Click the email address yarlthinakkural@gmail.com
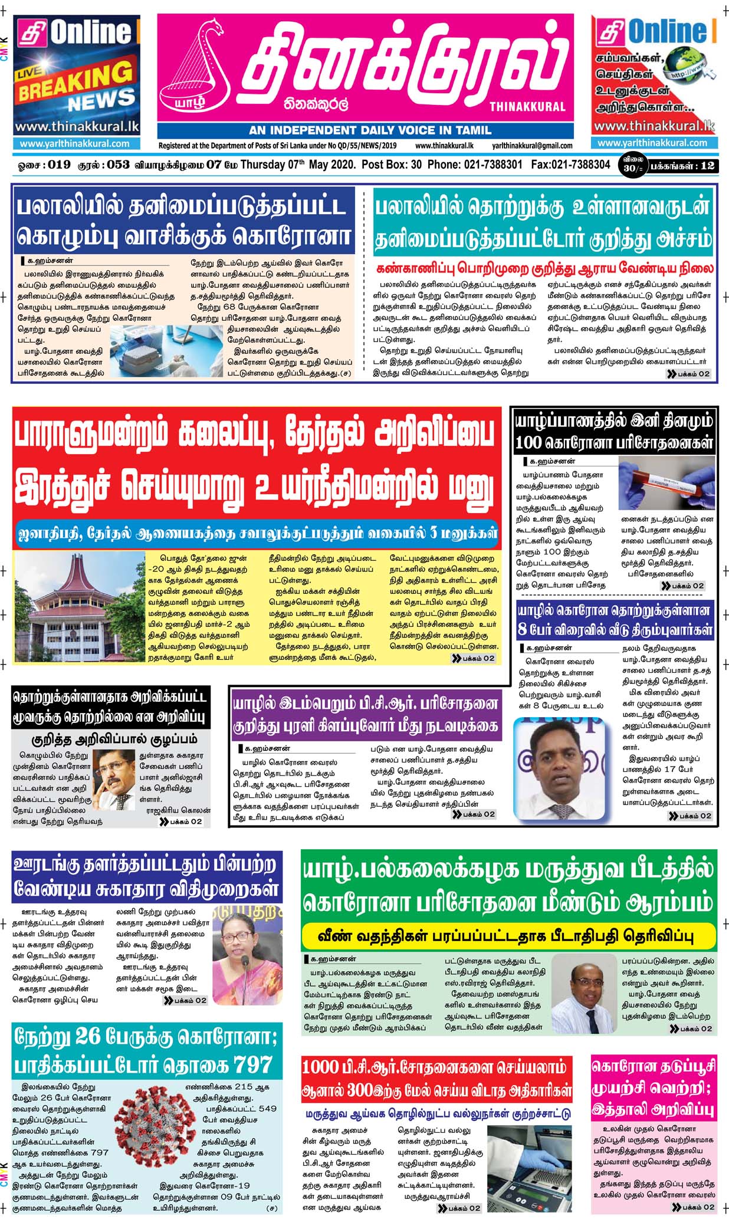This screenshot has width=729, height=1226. pos(532,146)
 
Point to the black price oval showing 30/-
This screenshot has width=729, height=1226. pos(632,165)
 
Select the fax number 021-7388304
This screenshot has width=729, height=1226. pos(570,165)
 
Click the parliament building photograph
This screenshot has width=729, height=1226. pos(79,607)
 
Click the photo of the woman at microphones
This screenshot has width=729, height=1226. pos(247,957)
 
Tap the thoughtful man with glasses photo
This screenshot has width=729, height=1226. pos(114,779)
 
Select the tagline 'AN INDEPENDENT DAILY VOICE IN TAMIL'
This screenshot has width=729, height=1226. pos(369,130)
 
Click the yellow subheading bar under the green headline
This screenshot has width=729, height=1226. pos(508,936)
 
